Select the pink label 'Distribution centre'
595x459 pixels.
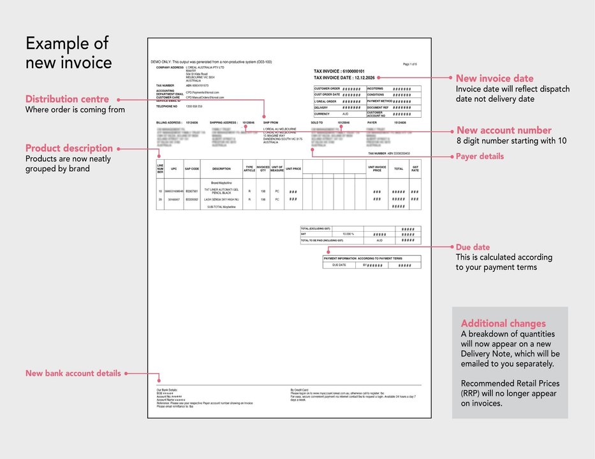67,99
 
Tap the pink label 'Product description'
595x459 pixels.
69,148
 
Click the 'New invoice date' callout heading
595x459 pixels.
495,79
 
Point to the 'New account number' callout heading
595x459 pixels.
504,131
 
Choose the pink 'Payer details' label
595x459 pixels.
480,157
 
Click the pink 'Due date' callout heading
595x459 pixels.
473,247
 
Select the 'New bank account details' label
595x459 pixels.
73,373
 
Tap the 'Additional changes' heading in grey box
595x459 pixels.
503,323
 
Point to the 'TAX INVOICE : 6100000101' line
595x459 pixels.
339,71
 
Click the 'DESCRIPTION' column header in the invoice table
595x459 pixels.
221,169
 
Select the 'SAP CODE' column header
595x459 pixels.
192,169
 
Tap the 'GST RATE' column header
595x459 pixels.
415,169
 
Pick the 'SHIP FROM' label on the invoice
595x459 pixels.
270,122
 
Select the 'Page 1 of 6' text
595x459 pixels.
410,64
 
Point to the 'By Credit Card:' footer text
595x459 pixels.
298,389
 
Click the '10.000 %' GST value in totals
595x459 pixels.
348,234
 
